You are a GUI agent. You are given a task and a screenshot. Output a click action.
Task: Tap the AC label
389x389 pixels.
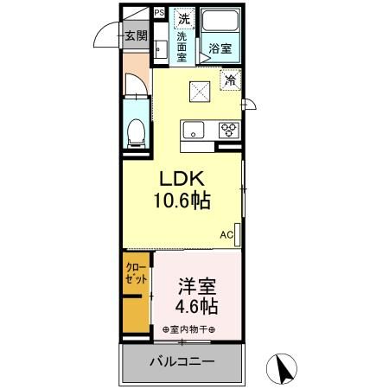pos(226,234)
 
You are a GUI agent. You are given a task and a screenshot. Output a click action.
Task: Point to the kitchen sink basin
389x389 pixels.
pos(192,130)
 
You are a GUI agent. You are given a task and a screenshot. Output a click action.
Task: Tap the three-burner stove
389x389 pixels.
pos(229,130)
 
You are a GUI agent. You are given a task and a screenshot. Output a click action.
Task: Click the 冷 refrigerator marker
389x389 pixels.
pos(231,80)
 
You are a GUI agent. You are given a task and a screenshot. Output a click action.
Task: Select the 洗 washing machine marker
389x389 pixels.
pos(184,18)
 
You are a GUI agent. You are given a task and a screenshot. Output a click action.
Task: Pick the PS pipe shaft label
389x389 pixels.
pos(159,13)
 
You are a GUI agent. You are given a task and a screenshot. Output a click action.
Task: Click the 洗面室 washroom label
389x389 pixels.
pos(182,48)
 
